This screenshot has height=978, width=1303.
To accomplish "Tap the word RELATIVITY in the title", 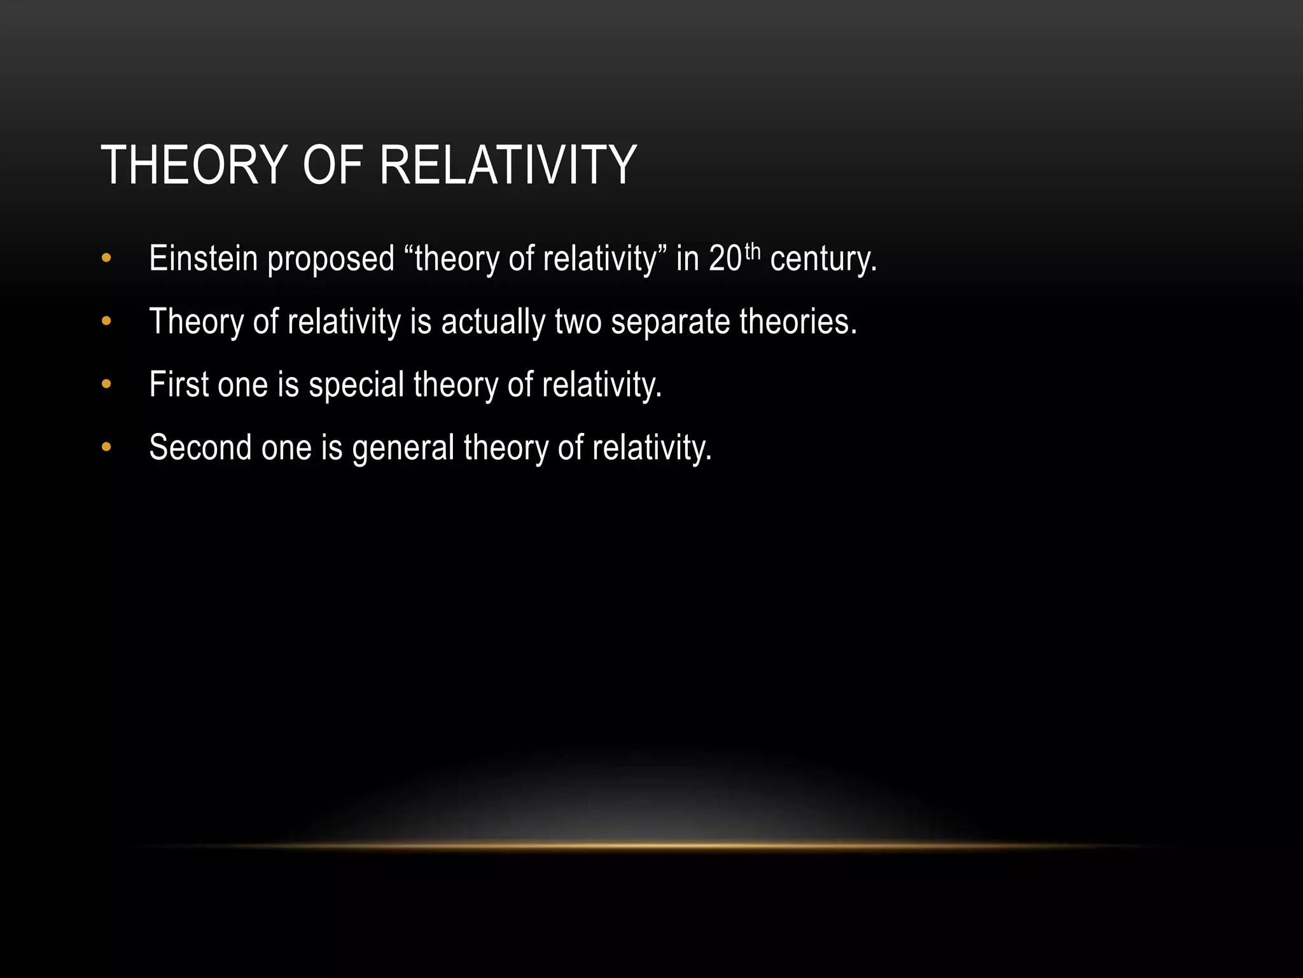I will (507, 166).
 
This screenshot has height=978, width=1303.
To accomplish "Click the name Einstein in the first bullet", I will (203, 259).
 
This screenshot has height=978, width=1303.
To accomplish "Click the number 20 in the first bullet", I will (725, 259).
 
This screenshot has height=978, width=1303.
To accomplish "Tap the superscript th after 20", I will (752, 252).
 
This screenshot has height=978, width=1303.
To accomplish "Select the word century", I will (823, 260).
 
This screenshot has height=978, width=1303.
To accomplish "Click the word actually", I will (493, 322).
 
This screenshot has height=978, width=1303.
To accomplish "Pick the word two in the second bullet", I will (578, 322).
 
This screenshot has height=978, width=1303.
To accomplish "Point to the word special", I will (356, 385).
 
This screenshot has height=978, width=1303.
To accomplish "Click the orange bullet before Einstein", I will (106, 259).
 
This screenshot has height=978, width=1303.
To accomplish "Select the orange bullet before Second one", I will (106, 447).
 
